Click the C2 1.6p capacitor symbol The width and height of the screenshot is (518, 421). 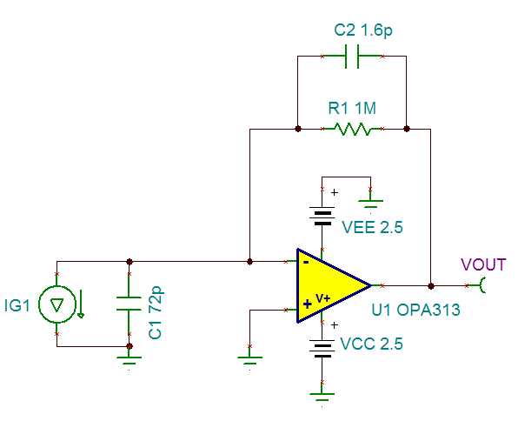[x=352, y=57]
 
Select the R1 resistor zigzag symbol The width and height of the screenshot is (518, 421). [x=352, y=129]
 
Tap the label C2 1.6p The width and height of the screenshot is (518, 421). [x=363, y=30]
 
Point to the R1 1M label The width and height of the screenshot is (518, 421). [x=352, y=108]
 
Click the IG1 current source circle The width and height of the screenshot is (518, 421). [x=56, y=304]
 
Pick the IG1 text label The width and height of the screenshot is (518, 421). [x=17, y=305]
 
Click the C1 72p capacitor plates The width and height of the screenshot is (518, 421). [x=129, y=304]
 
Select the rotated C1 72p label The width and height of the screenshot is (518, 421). [x=156, y=312]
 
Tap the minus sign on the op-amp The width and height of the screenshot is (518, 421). [x=306, y=263]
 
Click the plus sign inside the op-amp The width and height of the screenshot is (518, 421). [x=307, y=304]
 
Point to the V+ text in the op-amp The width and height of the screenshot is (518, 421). [x=322, y=298]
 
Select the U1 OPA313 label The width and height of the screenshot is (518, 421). [x=415, y=310]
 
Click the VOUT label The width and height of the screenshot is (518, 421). [x=483, y=264]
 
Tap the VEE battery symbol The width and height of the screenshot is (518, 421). [x=322, y=216]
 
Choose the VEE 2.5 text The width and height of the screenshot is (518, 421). [x=372, y=227]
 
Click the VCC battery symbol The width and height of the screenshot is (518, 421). [x=322, y=349]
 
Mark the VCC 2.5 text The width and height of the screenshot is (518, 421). [x=371, y=344]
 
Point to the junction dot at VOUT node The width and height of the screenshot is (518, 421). [x=431, y=285]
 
